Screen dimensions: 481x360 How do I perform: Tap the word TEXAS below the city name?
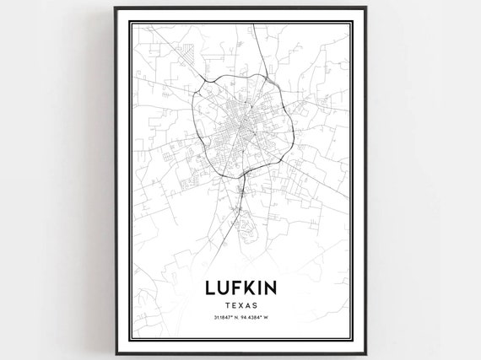coord(240,304)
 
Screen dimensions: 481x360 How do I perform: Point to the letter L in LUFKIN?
coord(209,287)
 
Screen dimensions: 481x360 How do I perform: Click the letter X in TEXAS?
coord(240,304)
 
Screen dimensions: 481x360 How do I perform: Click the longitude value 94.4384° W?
coord(257,318)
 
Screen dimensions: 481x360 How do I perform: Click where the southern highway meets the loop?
coord(242,174)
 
